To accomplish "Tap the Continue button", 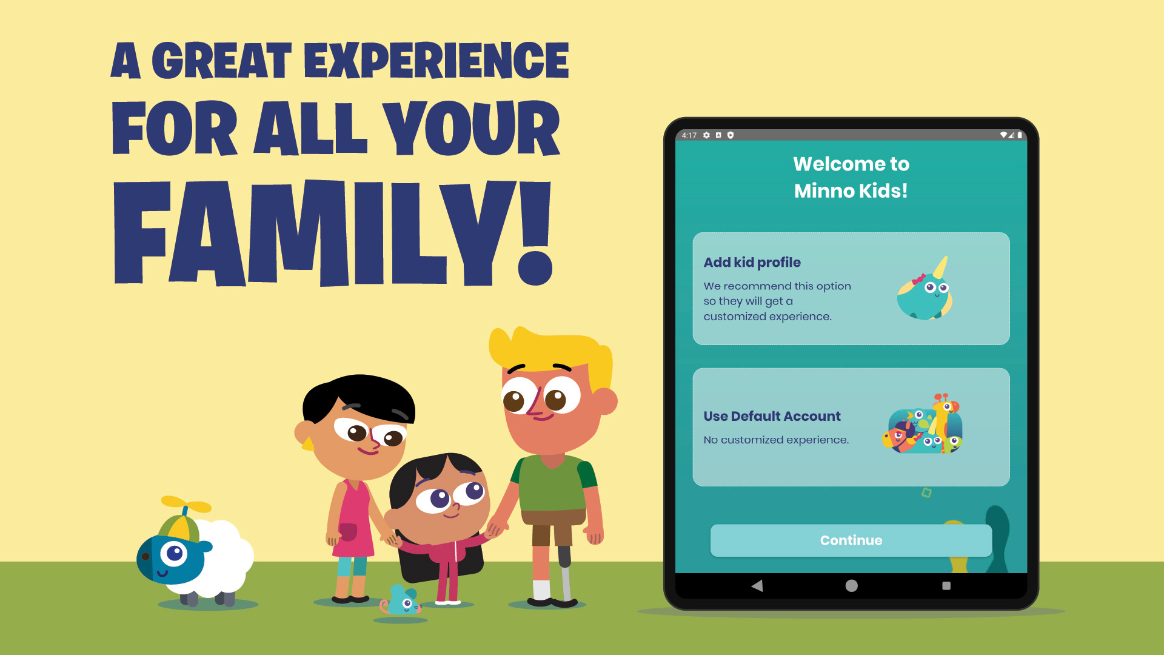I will (851, 540).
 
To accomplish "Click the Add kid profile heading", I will (752, 262).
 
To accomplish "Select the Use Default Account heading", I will (772, 416).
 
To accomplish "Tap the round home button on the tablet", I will (851, 585).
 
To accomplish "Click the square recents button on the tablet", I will (946, 585).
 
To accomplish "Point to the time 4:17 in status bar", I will (689, 135).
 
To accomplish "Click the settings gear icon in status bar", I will (706, 135).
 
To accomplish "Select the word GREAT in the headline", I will (221, 61).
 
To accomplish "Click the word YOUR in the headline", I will (472, 129).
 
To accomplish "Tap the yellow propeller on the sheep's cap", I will (186, 504).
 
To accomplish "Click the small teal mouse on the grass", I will (403, 600).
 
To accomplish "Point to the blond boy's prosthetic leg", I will (565, 573).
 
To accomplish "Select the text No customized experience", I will (775, 440).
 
